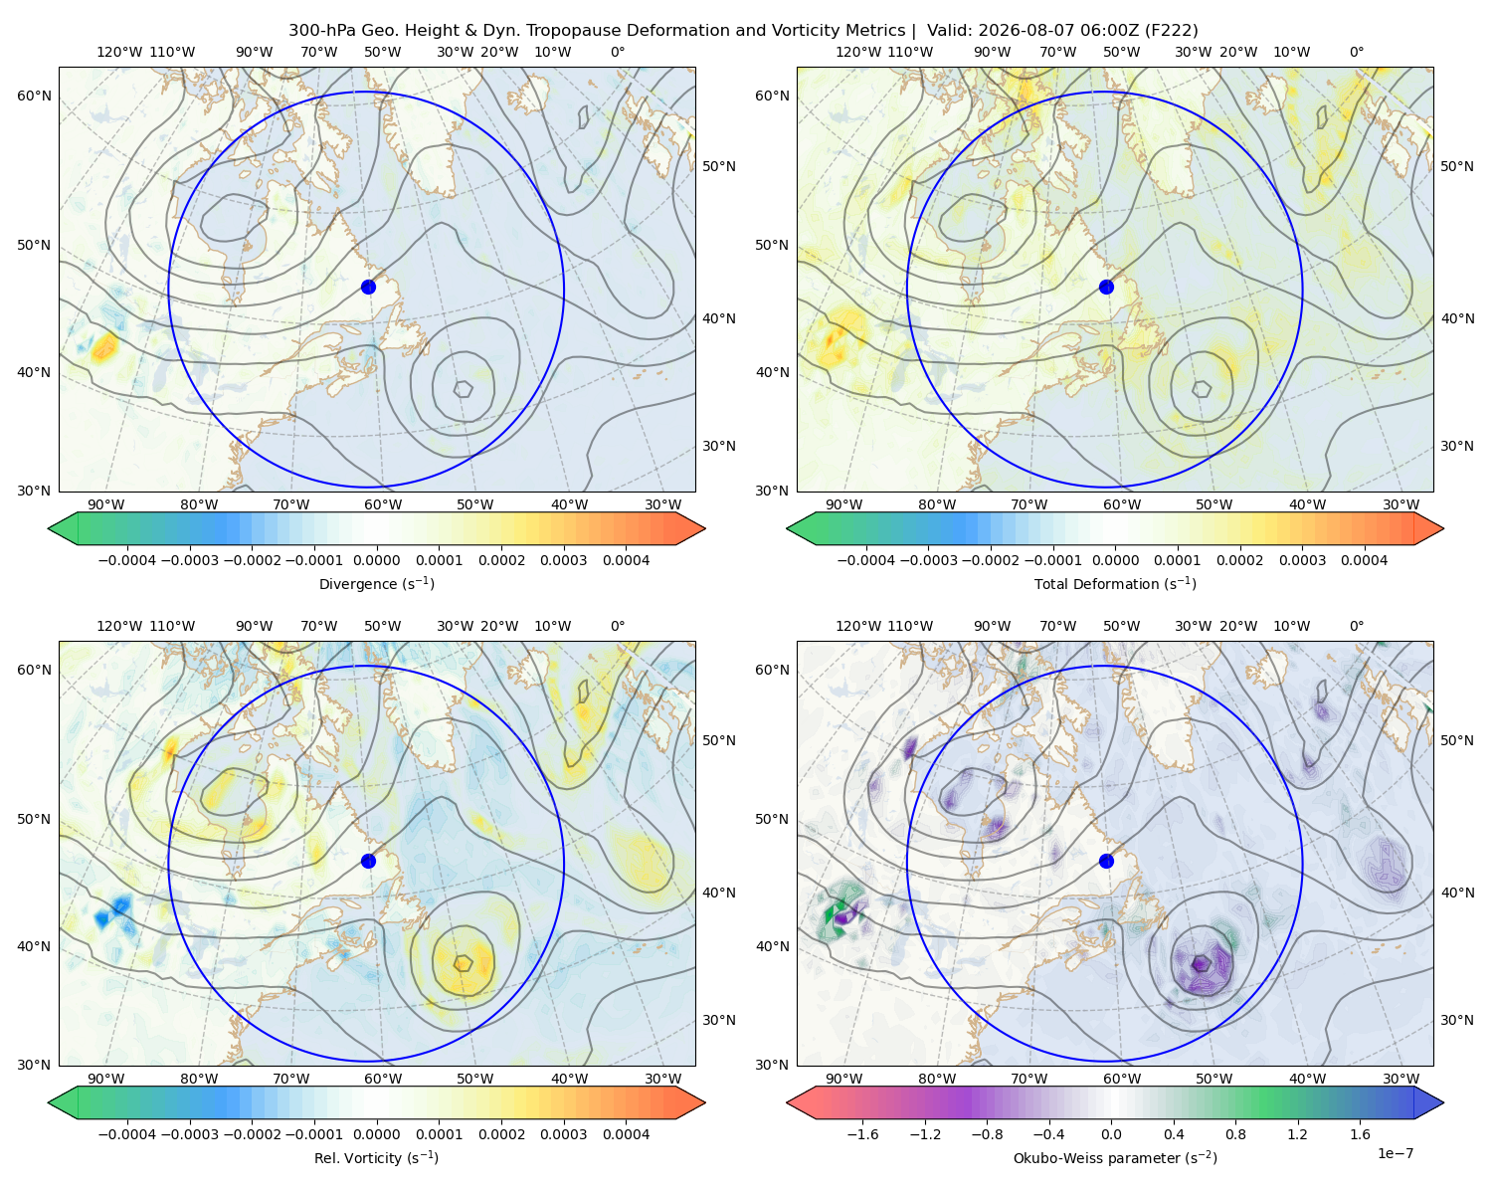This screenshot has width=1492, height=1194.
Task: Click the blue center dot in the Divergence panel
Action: click(x=368, y=287)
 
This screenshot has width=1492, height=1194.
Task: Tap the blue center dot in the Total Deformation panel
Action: click(x=1106, y=287)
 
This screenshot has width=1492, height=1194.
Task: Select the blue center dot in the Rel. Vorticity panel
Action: click(x=368, y=861)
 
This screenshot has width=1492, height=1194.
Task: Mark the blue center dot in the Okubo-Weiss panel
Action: click(x=1106, y=861)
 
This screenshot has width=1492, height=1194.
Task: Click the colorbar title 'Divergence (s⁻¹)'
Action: click(x=376, y=583)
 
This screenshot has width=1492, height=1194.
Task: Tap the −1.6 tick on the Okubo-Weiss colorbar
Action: click(x=862, y=1133)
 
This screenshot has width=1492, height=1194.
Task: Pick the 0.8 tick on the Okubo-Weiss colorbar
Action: click(x=1235, y=1133)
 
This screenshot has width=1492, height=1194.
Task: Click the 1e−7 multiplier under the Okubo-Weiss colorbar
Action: click(x=1395, y=1153)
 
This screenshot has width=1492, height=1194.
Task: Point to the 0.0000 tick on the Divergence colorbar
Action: click(x=376, y=560)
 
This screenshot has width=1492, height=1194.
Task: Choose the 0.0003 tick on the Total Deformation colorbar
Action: click(x=1302, y=560)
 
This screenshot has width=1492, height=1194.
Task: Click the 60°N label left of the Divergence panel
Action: click(x=34, y=96)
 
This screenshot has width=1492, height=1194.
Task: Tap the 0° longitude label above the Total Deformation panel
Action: click(x=1356, y=52)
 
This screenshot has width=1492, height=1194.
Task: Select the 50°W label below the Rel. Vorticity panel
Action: click(x=474, y=1079)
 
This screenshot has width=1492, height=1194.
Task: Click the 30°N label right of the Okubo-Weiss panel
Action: click(x=1457, y=1019)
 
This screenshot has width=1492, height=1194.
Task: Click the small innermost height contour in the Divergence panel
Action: click(x=464, y=388)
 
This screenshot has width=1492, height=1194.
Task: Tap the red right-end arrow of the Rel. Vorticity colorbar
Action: click(x=690, y=1102)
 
